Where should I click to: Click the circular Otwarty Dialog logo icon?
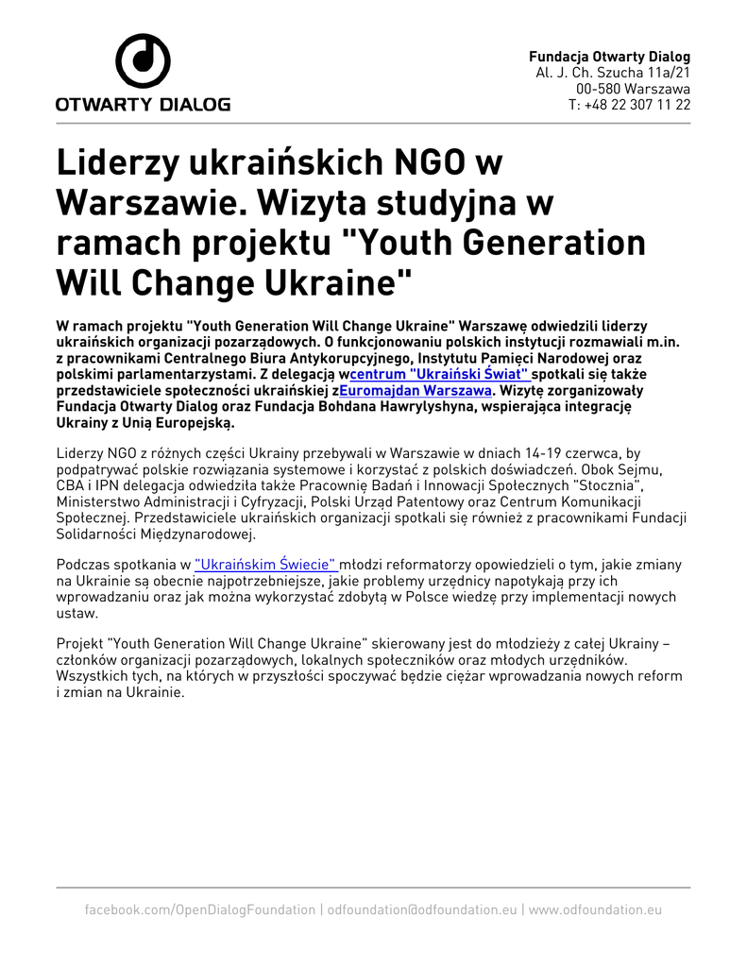pyautogui.click(x=143, y=61)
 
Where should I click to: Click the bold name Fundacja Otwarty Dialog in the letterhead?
pyautogui.click(x=609, y=57)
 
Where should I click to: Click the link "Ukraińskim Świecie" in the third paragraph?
pyautogui.click(x=266, y=564)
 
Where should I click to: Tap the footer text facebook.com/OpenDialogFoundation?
pyautogui.click(x=199, y=909)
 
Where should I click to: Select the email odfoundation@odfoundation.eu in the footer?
pyautogui.click(x=422, y=909)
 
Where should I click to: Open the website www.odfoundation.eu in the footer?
pyautogui.click(x=595, y=909)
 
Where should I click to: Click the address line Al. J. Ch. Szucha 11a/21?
pyautogui.click(x=613, y=73)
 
